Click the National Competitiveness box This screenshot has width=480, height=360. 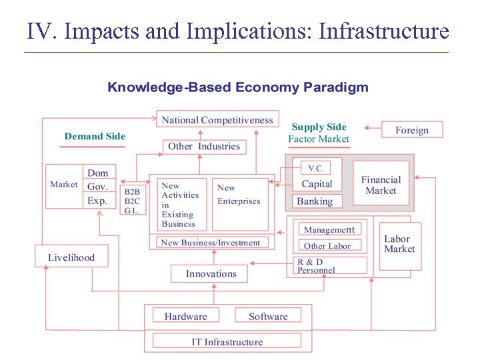tap(217, 120)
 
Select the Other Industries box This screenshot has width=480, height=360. tap(203, 147)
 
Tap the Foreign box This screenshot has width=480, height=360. tap(411, 130)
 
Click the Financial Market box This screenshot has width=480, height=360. tap(381, 185)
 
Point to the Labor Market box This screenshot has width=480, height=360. tap(399, 244)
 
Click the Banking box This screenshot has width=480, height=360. tap(315, 201)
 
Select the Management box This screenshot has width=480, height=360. tap(329, 229)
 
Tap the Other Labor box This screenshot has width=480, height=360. tap(327, 246)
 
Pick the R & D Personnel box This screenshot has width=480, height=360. tap(331, 265)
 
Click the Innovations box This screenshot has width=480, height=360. tap(211, 273)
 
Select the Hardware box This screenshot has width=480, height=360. tap(186, 316)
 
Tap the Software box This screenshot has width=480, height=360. tap(268, 316)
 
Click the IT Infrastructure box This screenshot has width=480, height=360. tap(227, 341)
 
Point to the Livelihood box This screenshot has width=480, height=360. tap(71, 257)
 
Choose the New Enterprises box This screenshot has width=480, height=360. tap(239, 195)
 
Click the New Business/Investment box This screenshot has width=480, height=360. tap(211, 243)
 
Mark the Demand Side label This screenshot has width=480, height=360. tap(95, 137)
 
